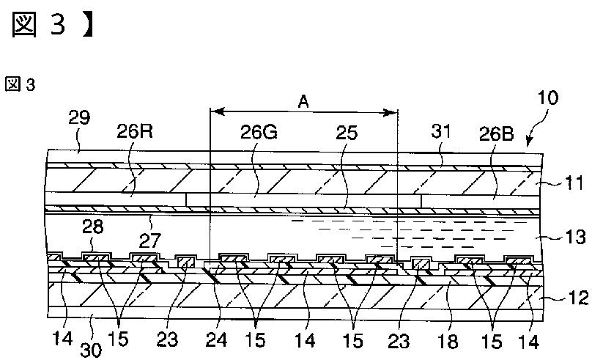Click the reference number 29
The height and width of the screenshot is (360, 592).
[x=80, y=117]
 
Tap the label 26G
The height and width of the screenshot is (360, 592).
[x=259, y=133]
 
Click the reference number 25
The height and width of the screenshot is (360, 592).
[x=345, y=133]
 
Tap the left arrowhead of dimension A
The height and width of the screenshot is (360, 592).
[x=214, y=112]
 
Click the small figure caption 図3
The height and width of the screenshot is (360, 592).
[x=20, y=84]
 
